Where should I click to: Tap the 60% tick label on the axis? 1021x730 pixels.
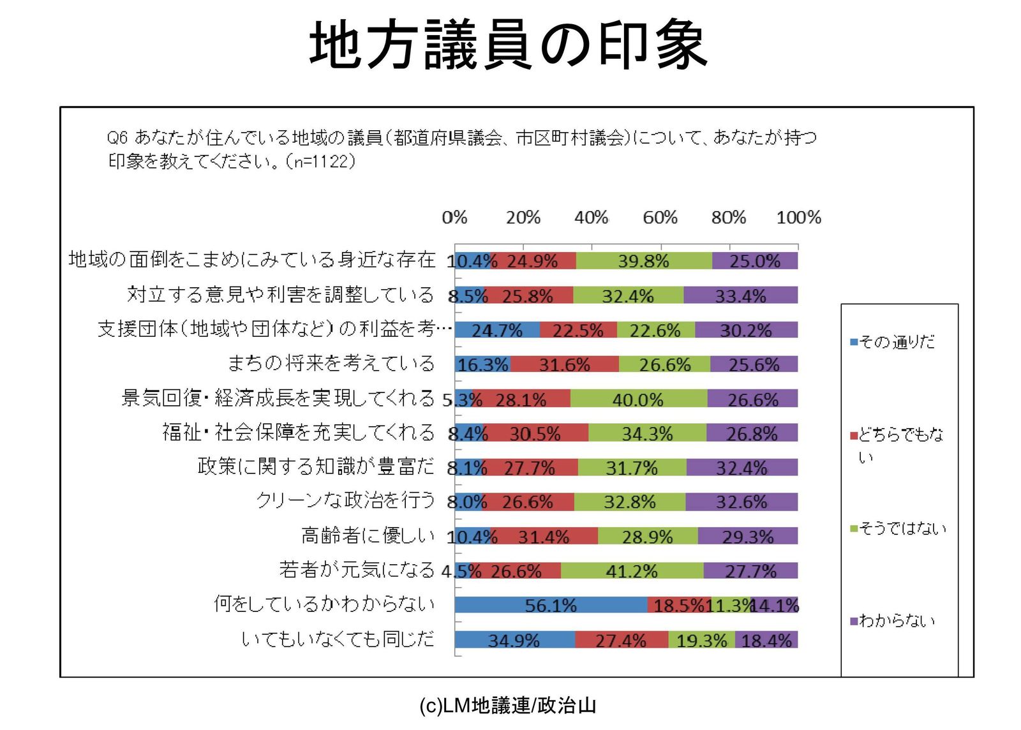click(x=660, y=218)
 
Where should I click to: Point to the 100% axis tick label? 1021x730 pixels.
click(x=798, y=218)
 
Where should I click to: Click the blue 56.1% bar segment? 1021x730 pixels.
click(x=551, y=605)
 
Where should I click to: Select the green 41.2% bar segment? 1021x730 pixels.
click(x=632, y=570)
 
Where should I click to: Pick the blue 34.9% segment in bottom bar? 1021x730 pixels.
click(x=514, y=639)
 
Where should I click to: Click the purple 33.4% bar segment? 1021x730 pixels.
click(x=740, y=295)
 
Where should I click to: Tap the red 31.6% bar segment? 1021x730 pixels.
click(x=564, y=364)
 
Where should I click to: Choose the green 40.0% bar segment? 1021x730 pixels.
click(x=638, y=399)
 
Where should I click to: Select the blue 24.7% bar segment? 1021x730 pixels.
click(x=497, y=330)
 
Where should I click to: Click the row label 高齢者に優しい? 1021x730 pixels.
click(x=368, y=535)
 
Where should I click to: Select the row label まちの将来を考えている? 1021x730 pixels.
click(x=331, y=364)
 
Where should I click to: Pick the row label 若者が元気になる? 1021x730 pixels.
click(x=356, y=570)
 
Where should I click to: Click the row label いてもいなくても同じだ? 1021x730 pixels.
click(x=338, y=639)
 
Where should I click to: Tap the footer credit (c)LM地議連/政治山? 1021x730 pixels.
click(x=508, y=705)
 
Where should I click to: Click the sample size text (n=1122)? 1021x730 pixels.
click(x=320, y=161)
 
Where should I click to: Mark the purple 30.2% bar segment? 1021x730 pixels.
click(x=746, y=330)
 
